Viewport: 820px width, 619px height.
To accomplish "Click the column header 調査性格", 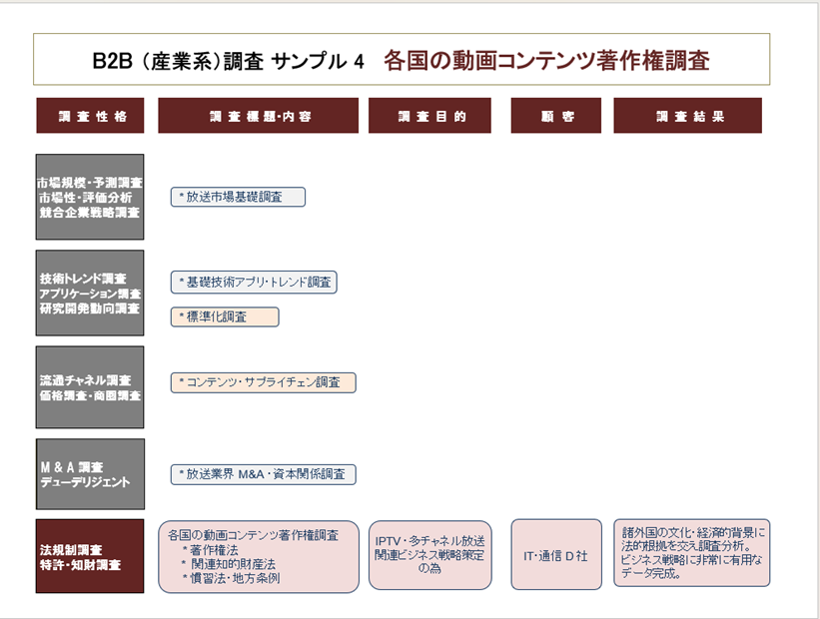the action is [x=90, y=116].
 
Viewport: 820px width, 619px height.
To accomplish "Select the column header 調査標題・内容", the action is [x=259, y=116].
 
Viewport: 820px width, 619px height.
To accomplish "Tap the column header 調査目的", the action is [x=429, y=116].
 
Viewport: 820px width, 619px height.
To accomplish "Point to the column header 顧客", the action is [x=556, y=116].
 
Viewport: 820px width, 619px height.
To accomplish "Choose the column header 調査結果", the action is [x=688, y=116].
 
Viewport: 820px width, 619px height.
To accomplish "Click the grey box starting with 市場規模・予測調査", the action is [x=90, y=197].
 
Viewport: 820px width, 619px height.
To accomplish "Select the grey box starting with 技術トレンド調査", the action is [x=90, y=293].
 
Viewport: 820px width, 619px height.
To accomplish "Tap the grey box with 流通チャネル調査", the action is [x=90, y=387].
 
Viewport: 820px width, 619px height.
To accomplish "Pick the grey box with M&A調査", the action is [x=90, y=474].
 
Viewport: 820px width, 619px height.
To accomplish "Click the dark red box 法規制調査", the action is [x=90, y=556].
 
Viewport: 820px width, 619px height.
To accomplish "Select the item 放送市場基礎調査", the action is [x=238, y=197].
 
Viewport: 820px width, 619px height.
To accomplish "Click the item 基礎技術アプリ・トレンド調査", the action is [x=254, y=283].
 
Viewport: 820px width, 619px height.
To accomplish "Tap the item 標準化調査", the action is [x=225, y=316].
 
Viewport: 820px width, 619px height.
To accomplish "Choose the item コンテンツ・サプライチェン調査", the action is [x=263, y=382].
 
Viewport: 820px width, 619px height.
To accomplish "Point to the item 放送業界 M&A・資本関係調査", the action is [x=263, y=474].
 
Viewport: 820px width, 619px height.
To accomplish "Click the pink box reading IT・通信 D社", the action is [x=556, y=555].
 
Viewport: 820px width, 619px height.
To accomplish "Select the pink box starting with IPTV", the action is [x=429, y=555].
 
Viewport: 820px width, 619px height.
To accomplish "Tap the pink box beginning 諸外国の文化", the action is [x=692, y=552].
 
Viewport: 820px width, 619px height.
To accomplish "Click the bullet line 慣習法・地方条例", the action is [x=231, y=578].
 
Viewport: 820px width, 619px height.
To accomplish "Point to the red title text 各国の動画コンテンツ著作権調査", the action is [x=546, y=60].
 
